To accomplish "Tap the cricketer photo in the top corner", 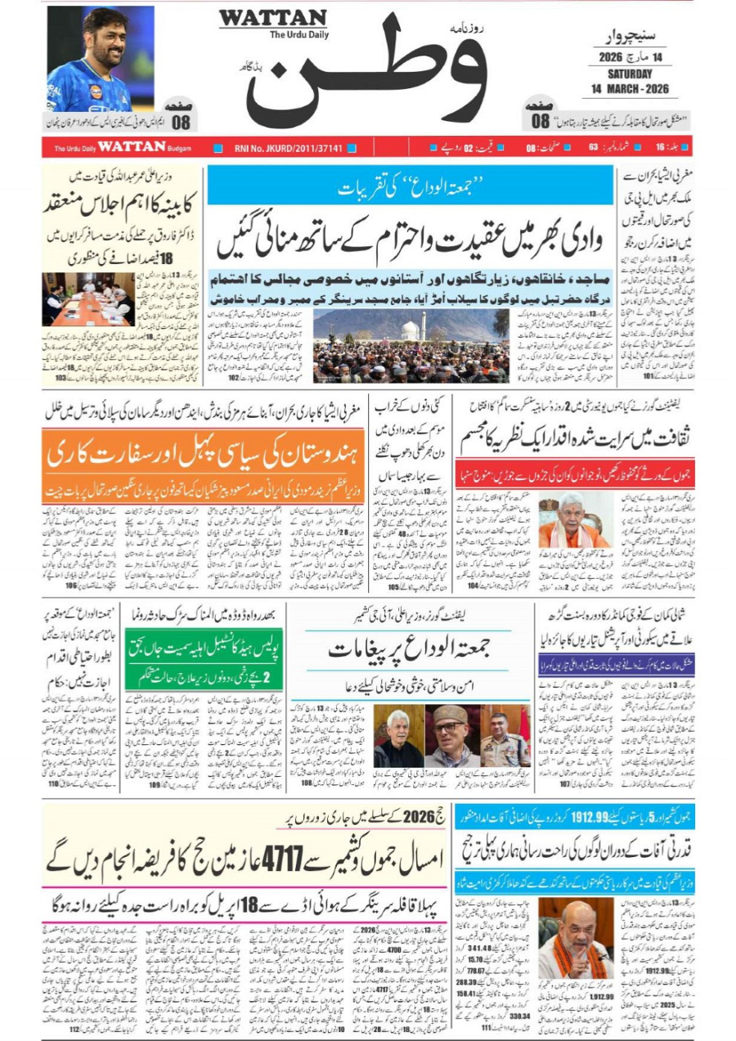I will [101, 59].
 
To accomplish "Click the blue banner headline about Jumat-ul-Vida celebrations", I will [410, 186].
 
